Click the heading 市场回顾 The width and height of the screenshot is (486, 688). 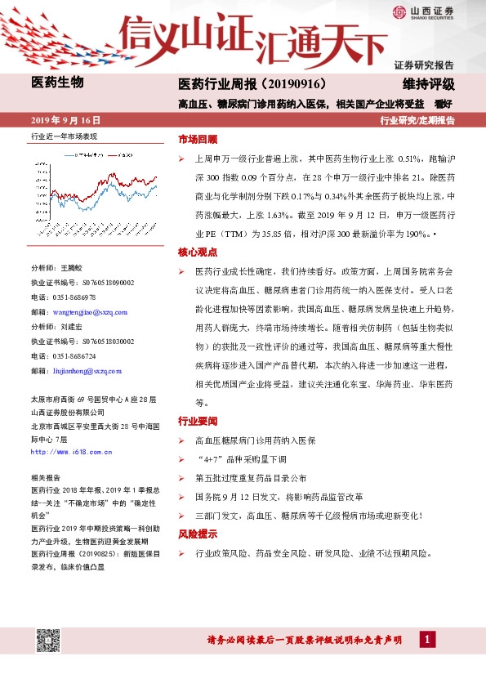pyautogui.click(x=198, y=139)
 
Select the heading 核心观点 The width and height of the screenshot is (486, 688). pyautogui.click(x=198, y=254)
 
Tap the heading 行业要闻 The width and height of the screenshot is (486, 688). pyautogui.click(x=198, y=422)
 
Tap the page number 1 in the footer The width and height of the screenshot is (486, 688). pyautogui.click(x=426, y=639)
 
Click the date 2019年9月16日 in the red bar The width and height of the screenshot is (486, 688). pyautogui.click(x=70, y=120)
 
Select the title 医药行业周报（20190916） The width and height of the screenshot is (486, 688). pyautogui.click(x=252, y=84)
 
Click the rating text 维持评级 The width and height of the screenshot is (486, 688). pyautogui.click(x=428, y=84)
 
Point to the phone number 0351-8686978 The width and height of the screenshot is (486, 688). pyautogui.click(x=74, y=297)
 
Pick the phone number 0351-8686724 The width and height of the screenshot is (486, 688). pyautogui.click(x=74, y=356)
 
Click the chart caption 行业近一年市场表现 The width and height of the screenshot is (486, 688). pyautogui.click(x=64, y=136)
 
